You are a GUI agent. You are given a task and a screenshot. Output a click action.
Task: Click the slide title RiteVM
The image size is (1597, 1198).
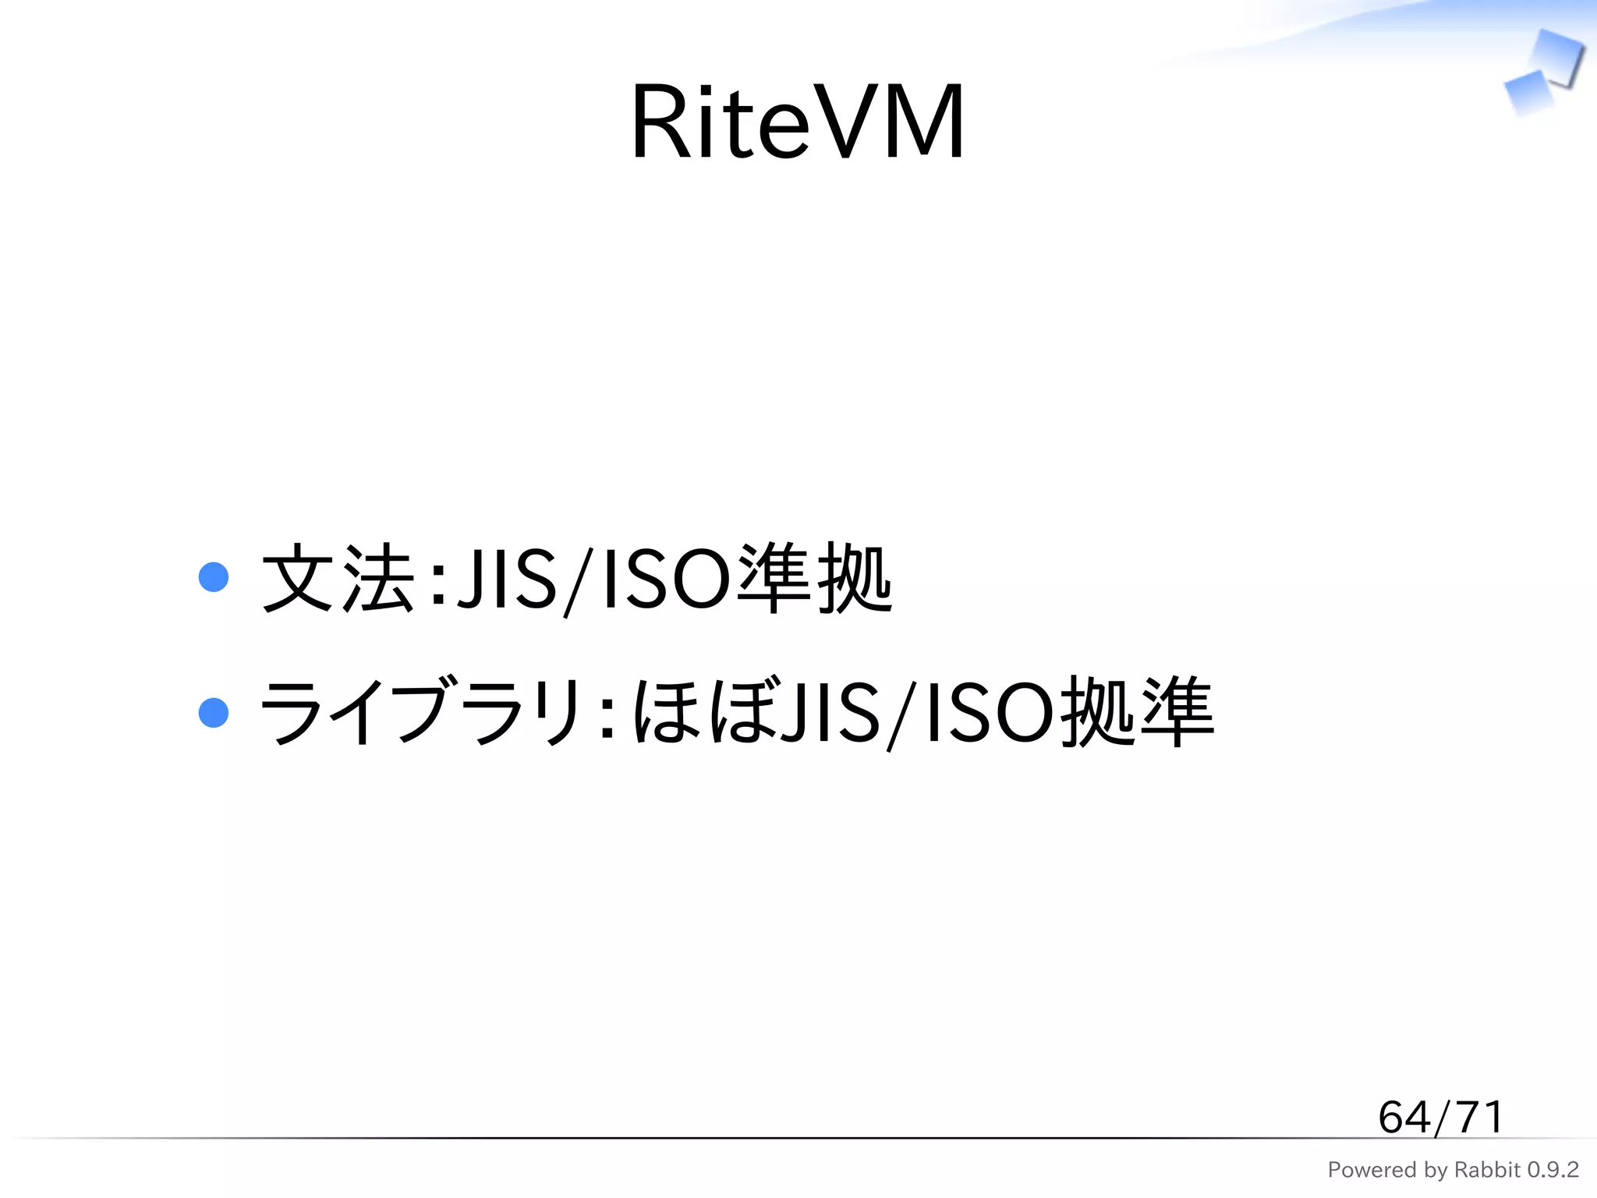click(798, 122)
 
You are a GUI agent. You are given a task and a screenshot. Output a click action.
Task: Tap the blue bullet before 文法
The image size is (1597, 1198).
click(214, 578)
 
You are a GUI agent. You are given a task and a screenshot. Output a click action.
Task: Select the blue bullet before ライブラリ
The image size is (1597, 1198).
click(214, 712)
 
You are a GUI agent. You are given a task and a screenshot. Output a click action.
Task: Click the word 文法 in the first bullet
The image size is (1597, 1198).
click(338, 580)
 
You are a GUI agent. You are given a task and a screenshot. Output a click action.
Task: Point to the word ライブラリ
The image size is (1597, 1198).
click(421, 712)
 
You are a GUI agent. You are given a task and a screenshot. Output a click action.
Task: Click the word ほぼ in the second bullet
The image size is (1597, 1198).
click(706, 712)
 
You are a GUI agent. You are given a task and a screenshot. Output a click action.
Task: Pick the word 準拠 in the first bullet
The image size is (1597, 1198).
click(814, 580)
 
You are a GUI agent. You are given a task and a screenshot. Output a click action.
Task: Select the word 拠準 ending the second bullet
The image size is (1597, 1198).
click(1138, 712)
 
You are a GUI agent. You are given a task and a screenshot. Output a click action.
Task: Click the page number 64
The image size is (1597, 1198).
click(1404, 1117)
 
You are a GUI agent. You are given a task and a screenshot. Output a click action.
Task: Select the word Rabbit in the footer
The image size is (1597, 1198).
click(1488, 1170)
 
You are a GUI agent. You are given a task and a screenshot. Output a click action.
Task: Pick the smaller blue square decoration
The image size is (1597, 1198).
click(1528, 92)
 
